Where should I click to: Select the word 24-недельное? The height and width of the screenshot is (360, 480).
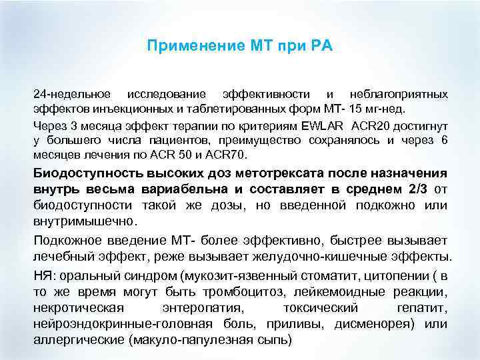(x=69, y=95)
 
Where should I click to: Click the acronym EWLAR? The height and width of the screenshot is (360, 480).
(x=323, y=125)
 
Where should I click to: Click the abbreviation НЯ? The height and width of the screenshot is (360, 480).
(x=44, y=275)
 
